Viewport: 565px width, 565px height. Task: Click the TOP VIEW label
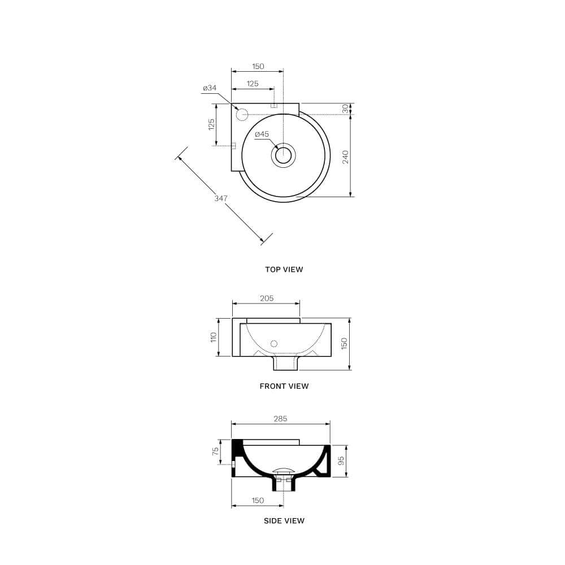pos(284,270)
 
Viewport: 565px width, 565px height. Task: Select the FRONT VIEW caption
pos(284,386)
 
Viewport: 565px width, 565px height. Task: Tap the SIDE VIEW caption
pos(284,521)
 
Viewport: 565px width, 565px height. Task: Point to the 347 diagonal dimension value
pos(221,198)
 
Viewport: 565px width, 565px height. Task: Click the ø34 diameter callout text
pos(210,88)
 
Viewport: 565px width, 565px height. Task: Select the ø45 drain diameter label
pos(262,134)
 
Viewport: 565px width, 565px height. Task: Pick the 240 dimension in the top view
pos(345,157)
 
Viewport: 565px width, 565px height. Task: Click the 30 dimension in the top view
pos(345,108)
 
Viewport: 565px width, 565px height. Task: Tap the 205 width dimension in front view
pos(267,298)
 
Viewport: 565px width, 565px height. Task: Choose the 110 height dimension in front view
pos(214,337)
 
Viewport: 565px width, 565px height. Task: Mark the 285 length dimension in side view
pos(280,419)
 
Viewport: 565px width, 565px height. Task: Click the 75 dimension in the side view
pos(215,452)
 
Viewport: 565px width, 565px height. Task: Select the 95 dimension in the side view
pos(340,460)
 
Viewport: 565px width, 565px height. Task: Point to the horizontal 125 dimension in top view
pos(253,84)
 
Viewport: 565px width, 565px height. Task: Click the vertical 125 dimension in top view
pos(211,124)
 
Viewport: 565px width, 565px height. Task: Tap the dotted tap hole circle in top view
pos(242,114)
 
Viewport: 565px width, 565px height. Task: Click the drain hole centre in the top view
pos(284,155)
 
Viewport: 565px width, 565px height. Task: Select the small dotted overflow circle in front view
pos(274,344)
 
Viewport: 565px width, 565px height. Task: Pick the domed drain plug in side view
pos(284,470)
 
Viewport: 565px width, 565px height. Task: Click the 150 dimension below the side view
pos(258,501)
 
